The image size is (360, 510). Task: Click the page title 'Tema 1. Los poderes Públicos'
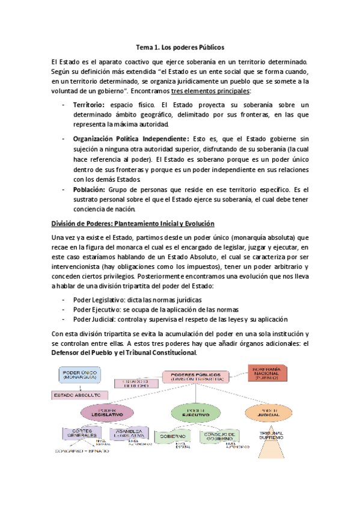point(180,46)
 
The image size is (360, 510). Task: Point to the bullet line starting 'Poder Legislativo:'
point(137,300)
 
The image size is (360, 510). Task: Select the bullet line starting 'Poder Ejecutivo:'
point(144,309)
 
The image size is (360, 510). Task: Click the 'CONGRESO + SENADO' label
point(82,450)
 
